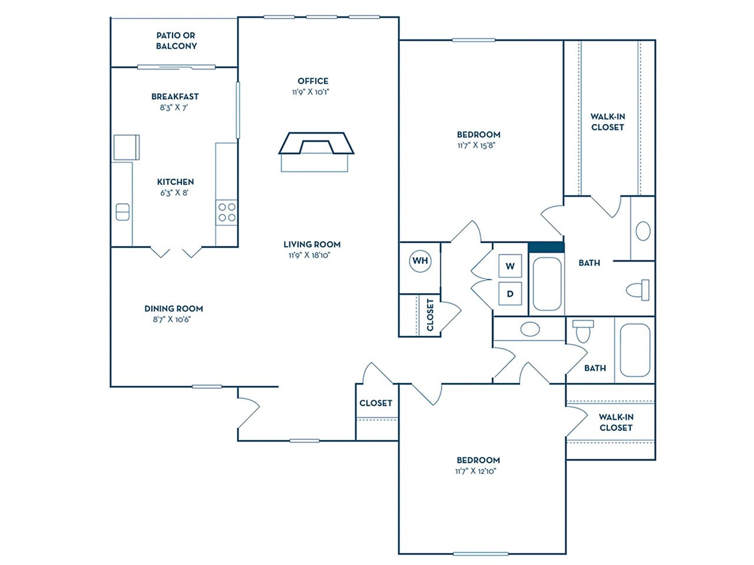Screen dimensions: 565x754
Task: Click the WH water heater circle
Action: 420,261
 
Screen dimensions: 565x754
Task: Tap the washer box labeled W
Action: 510,266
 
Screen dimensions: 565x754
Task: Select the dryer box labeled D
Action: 510,294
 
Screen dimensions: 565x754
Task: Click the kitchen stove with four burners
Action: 227,212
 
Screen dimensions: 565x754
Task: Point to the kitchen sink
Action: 123,212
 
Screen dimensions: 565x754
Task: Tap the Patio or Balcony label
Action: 176,41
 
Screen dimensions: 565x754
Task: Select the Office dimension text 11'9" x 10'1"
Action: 313,92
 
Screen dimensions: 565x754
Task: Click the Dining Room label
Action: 174,308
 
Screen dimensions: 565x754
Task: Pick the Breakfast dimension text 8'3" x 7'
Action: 174,108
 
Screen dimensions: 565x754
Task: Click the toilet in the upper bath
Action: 637,290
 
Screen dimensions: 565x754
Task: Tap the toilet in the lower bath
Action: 583,331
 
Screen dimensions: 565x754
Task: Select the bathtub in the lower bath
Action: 634,350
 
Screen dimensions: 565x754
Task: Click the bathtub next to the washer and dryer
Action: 547,284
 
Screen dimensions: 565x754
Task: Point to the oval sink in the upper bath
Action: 643,231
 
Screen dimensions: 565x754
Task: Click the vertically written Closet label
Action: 430,315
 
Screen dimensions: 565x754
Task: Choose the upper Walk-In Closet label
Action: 607,122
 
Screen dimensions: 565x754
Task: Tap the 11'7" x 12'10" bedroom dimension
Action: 478,471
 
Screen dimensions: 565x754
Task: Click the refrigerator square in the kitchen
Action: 126,147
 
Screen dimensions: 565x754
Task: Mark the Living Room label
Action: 312,244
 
